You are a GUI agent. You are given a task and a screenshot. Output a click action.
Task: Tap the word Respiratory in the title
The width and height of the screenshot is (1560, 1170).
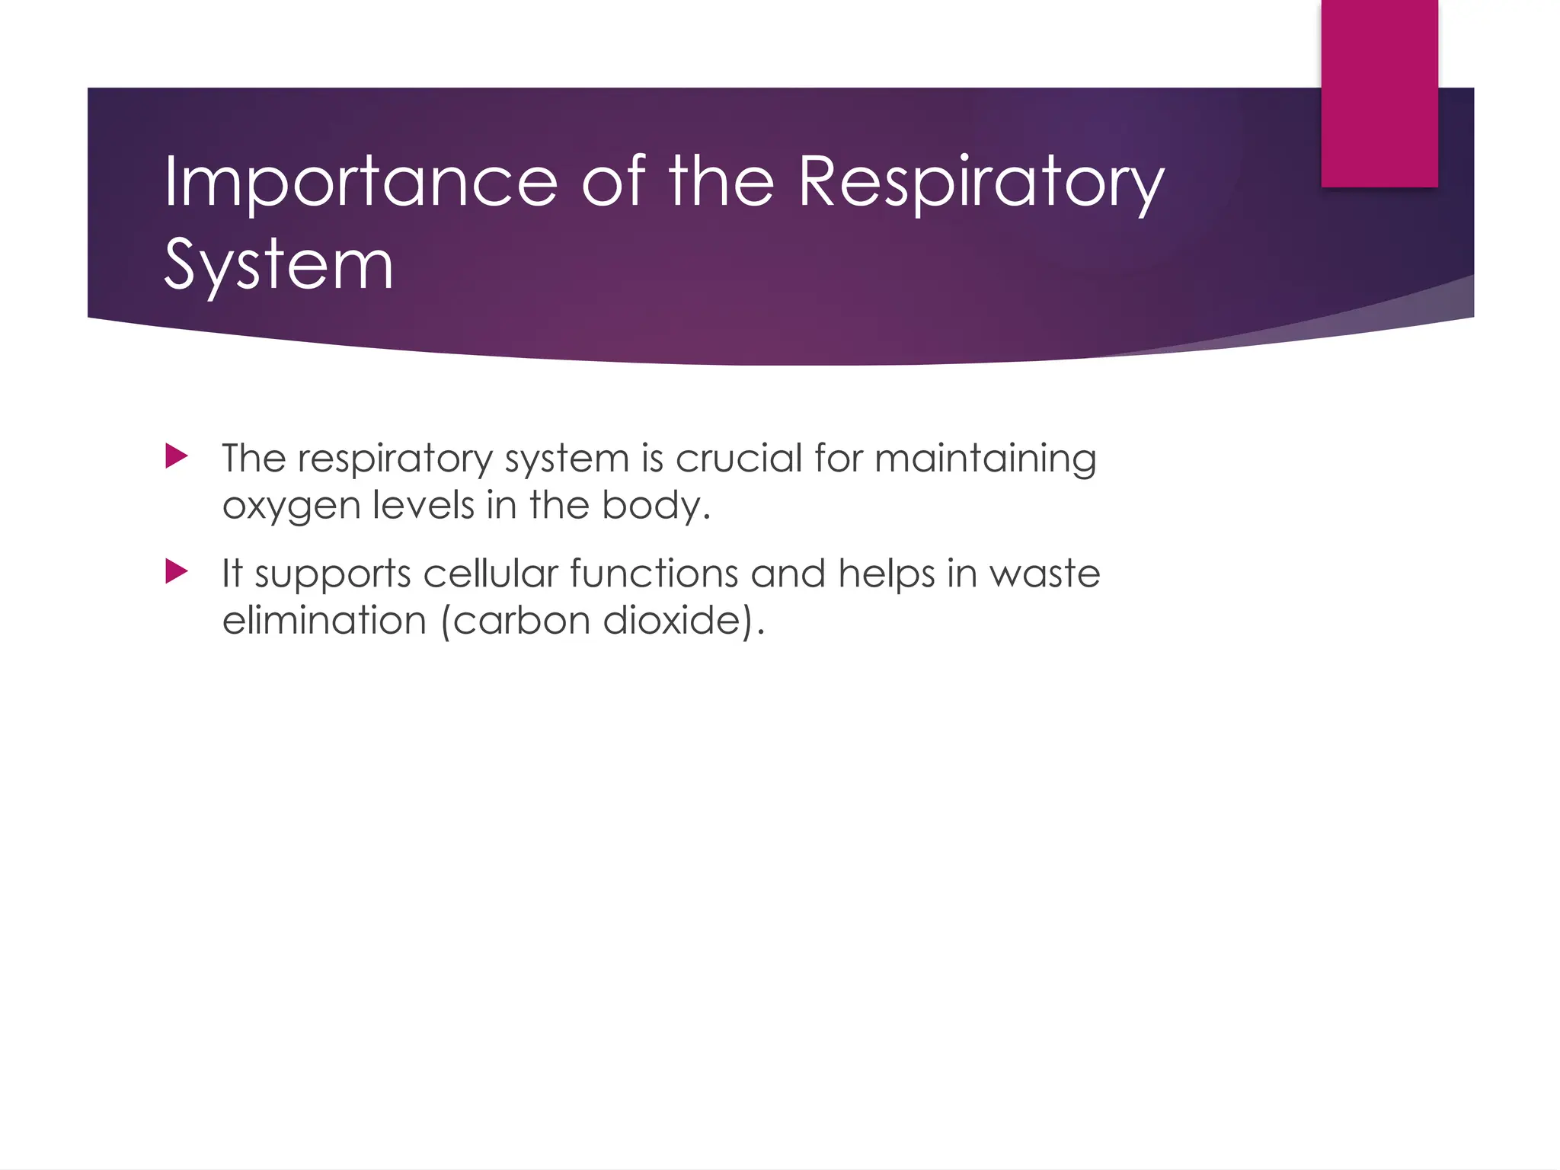click(981, 181)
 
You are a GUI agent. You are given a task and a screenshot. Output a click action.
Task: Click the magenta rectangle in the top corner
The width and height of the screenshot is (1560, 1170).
click(1379, 93)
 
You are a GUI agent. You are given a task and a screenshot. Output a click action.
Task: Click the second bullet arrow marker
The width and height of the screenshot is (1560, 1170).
click(176, 571)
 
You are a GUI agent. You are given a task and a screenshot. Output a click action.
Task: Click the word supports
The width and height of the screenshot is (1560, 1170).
click(332, 575)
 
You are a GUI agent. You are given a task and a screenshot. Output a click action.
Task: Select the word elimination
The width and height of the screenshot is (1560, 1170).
click(324, 620)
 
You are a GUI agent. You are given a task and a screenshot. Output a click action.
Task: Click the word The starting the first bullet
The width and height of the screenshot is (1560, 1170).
click(254, 459)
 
